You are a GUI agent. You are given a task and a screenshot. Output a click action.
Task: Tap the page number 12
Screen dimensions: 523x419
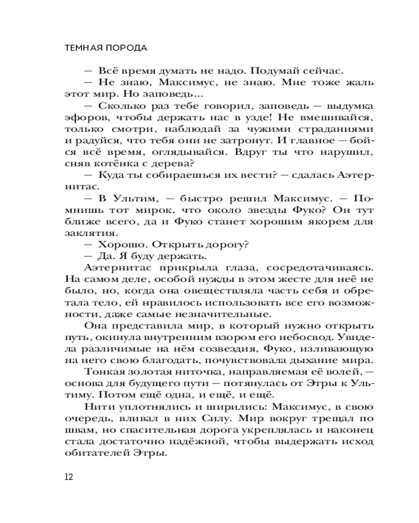coord(69,476)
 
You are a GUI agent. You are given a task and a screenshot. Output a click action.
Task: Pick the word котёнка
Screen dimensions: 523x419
coord(115,164)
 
